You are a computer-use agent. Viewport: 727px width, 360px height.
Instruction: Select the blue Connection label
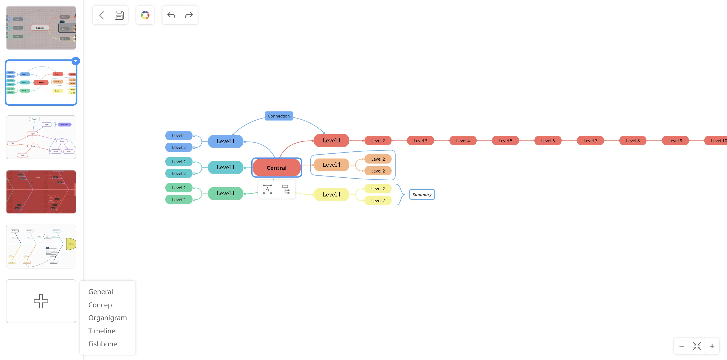[278, 116]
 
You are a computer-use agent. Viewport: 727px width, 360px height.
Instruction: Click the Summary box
[422, 194]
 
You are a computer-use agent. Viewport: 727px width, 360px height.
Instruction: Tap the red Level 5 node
[505, 140]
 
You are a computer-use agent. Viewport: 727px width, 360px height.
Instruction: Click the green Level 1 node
[225, 194]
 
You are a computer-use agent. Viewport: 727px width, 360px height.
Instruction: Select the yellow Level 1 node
[331, 194]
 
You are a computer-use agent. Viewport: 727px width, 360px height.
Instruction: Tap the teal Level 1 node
[225, 167]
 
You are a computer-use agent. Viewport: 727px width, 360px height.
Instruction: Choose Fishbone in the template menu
[103, 344]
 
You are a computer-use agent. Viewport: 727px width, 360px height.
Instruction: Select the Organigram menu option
[107, 317]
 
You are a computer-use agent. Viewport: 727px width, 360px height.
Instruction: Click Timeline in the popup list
[102, 331]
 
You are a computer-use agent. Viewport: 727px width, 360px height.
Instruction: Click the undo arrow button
[171, 15]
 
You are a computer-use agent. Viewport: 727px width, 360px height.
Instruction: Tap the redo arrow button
[189, 15]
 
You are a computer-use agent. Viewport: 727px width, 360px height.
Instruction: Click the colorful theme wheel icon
[145, 15]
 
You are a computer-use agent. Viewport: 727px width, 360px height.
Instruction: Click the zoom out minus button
[681, 346]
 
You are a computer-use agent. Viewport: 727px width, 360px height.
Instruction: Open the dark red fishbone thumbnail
[41, 192]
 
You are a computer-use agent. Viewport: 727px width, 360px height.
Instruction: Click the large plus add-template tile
[41, 301]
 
